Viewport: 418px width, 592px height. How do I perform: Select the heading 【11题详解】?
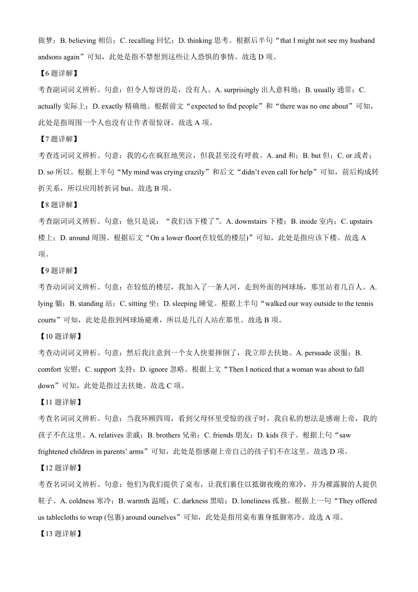tap(60, 402)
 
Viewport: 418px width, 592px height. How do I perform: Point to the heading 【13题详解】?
tap(60, 533)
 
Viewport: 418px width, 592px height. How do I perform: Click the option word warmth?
tap(138, 501)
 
